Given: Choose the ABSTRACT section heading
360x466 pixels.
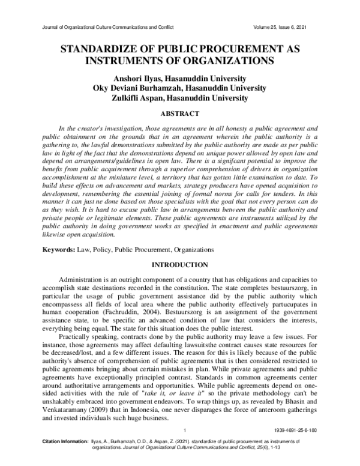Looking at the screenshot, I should click(180, 113).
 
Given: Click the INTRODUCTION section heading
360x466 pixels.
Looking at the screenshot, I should click(180, 264).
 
